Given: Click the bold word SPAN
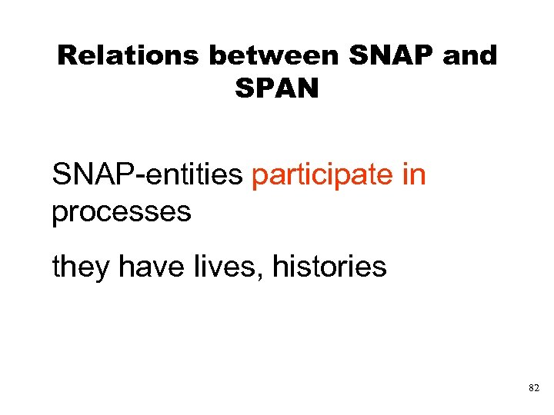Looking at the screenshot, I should tap(276, 89).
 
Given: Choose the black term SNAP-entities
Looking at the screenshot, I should tap(147, 176).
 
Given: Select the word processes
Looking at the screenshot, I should tap(121, 211).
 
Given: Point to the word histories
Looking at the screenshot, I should tap(324, 267).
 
